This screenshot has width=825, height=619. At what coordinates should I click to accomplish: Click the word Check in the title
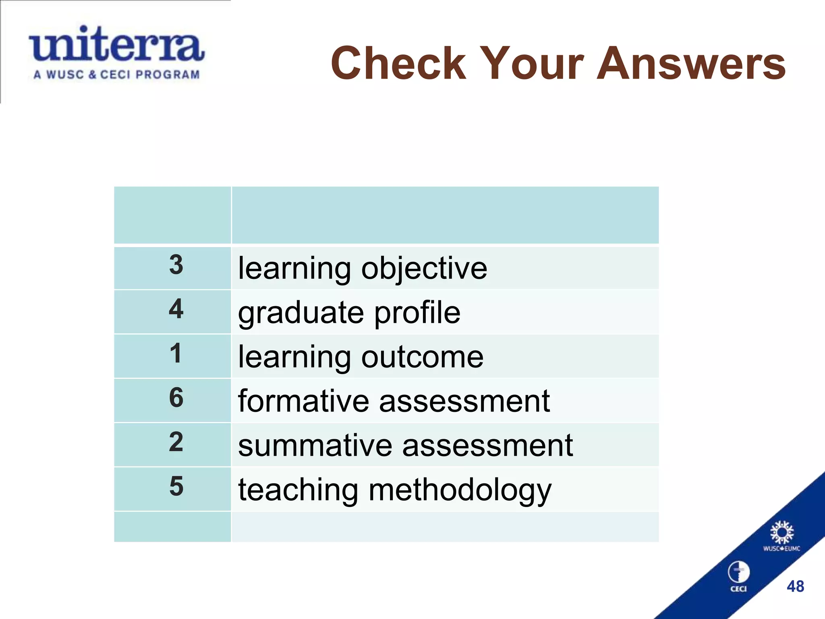pos(398,64)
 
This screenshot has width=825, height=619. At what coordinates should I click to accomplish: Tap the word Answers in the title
pos(690,64)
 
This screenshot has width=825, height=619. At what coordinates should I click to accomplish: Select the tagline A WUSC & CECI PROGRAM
pos(117,75)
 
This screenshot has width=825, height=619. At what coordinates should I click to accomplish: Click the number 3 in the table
pos(176,265)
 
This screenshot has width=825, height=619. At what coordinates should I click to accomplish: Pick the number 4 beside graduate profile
pos(176,309)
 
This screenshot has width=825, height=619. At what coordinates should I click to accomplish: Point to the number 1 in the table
pos(176,353)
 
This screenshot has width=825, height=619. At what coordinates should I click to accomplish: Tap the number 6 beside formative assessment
pos(176,398)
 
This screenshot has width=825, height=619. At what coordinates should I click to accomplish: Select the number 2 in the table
pos(176,442)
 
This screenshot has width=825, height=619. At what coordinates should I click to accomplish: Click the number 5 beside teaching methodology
pos(176,486)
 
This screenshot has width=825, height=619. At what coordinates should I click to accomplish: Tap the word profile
pos(417,314)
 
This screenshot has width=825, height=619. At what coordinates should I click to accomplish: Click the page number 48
pos(795,586)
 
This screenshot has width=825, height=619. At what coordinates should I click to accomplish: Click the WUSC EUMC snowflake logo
pos(781,533)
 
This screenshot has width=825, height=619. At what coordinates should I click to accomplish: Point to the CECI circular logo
pos(738,572)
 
